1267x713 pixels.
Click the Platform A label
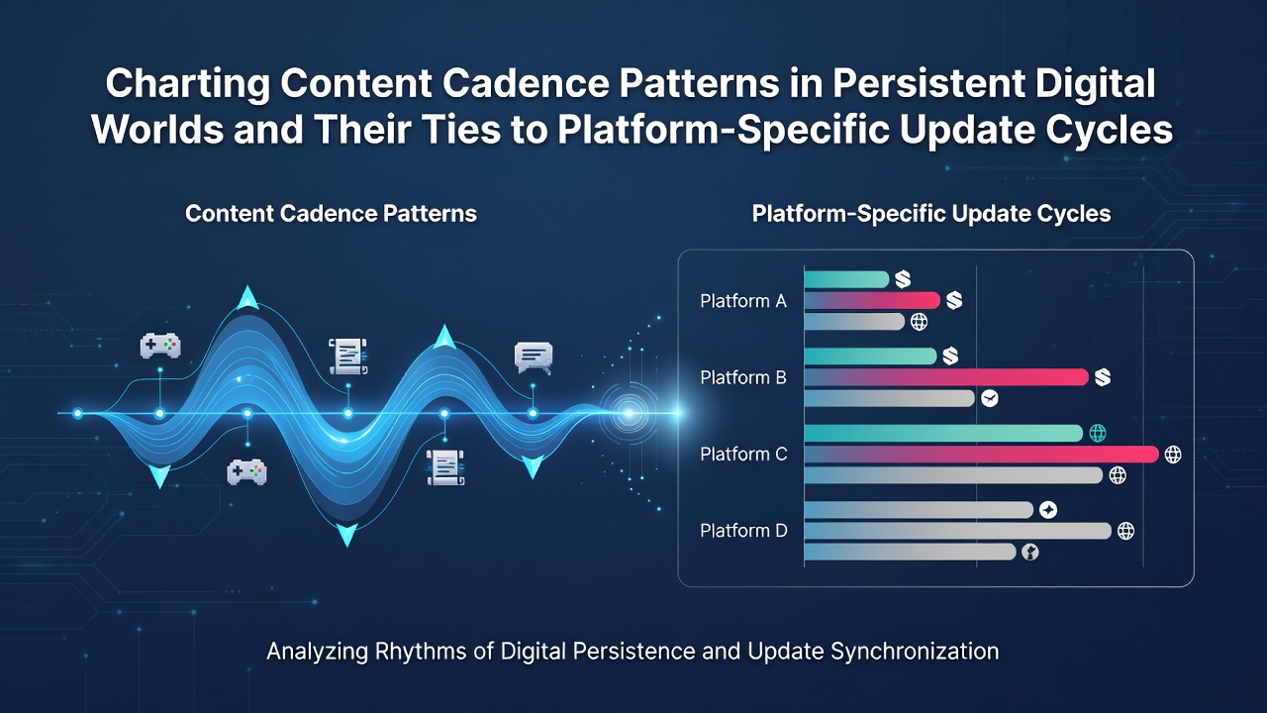[x=743, y=301]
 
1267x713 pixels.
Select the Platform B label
[x=743, y=377]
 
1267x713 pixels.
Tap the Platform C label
[x=743, y=454]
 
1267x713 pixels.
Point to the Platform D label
[x=743, y=531]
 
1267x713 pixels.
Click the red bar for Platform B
[x=946, y=377]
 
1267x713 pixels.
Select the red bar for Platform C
[x=981, y=454]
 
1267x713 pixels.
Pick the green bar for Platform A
[x=846, y=279]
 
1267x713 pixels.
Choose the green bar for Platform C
[x=943, y=433]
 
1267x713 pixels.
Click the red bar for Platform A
[x=872, y=300]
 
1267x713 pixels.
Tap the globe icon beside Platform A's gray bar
[x=920, y=322]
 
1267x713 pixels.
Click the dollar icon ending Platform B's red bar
[x=1103, y=377]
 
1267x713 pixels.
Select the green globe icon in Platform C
[x=1098, y=433]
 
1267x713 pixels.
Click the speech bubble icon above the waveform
[x=534, y=357]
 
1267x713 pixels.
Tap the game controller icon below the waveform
[x=246, y=471]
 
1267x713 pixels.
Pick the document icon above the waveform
[x=347, y=356]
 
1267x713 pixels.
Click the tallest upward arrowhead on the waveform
[x=247, y=298]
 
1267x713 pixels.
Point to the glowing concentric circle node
[x=629, y=413]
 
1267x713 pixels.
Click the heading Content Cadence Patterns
[x=331, y=214]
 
